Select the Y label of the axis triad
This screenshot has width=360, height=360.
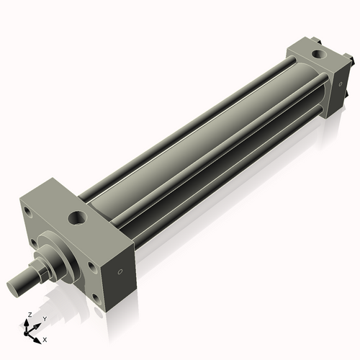point(43,318)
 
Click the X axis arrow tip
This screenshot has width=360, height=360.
point(40,337)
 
